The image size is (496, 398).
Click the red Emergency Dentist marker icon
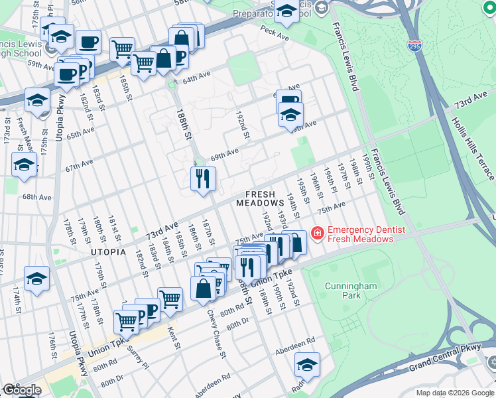[x=317, y=233]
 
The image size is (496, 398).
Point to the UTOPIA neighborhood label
[x=109, y=252]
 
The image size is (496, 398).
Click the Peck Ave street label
[x=276, y=31]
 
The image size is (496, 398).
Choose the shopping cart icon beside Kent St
[x=170, y=299]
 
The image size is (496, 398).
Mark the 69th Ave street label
[x=224, y=153]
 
